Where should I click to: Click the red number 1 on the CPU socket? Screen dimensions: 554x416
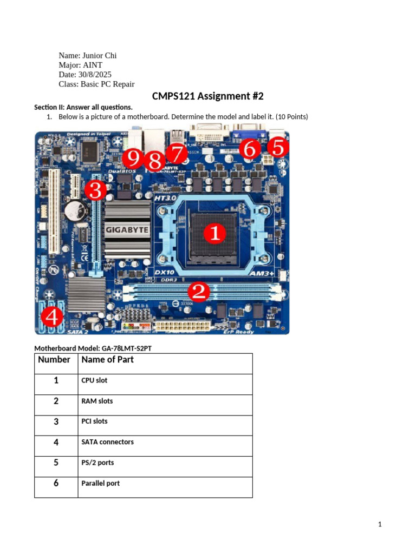pyautogui.click(x=215, y=234)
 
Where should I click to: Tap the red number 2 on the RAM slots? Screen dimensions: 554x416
pyautogui.click(x=198, y=292)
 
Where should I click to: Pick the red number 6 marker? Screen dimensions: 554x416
pyautogui.click(x=249, y=148)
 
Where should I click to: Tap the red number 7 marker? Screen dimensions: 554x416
pyautogui.click(x=175, y=154)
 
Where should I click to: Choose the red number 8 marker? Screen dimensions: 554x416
pyautogui.click(x=155, y=161)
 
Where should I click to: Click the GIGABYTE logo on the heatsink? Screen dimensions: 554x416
pyautogui.click(x=127, y=230)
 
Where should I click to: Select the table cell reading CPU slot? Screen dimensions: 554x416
pyautogui.click(x=94, y=380)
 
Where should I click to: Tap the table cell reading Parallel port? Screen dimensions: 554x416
pyautogui.click(x=100, y=483)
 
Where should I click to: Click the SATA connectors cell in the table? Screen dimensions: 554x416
pyautogui.click(x=107, y=442)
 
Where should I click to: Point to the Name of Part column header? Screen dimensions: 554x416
pyautogui.click(x=107, y=360)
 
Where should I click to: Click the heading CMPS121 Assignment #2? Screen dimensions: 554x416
pyautogui.click(x=208, y=96)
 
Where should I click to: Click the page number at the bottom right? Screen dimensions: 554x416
pyautogui.click(x=380, y=524)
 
